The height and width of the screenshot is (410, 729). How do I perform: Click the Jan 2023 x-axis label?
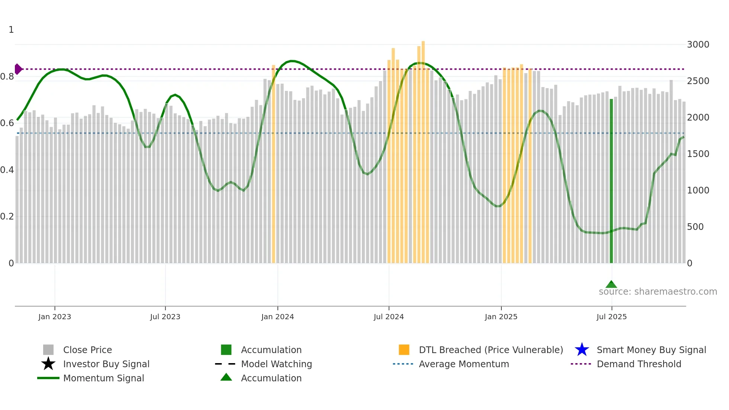[x=55, y=317]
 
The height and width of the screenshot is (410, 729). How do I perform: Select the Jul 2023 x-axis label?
[x=165, y=317]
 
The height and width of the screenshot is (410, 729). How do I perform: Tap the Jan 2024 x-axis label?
[x=277, y=317]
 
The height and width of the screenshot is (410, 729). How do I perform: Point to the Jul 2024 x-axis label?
[x=389, y=317]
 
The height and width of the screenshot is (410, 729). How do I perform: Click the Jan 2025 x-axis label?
[x=501, y=317]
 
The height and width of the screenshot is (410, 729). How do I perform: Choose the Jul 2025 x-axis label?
[x=611, y=317]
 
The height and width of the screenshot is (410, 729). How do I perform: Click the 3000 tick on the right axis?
[x=698, y=45]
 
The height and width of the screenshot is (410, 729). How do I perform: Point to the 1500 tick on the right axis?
[x=698, y=154]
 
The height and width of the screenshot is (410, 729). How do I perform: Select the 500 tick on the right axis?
[x=695, y=227]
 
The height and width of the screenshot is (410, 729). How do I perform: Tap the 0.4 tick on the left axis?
[x=7, y=170]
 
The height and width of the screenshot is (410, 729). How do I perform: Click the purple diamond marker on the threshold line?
[x=18, y=69]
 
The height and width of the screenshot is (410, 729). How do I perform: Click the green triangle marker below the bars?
[x=611, y=285]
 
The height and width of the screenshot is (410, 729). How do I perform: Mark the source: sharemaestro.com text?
[x=658, y=292]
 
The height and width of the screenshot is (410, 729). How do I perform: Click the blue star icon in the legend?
[x=582, y=350]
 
